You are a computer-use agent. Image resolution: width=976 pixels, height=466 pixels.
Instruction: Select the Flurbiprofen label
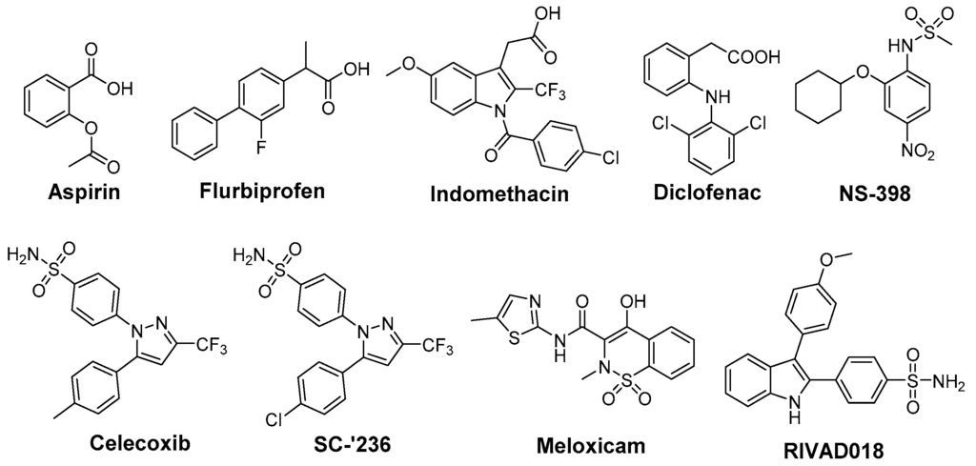263,190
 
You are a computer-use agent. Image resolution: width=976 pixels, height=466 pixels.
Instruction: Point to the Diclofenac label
709,191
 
